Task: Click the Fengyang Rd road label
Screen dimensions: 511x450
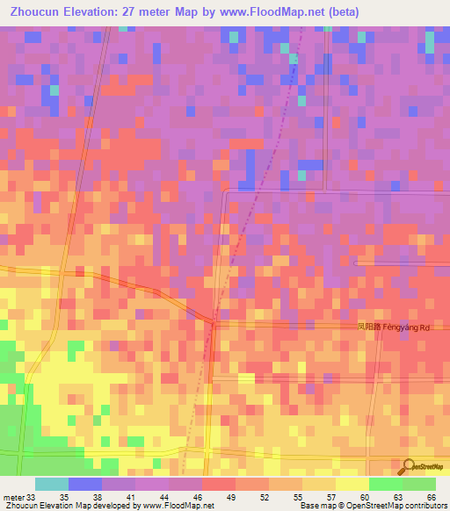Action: point(394,327)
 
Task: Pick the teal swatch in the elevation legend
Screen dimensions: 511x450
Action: point(52,484)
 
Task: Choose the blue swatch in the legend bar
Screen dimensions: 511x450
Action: point(85,484)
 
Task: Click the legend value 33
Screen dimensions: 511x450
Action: point(31,496)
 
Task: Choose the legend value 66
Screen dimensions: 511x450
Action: point(430,496)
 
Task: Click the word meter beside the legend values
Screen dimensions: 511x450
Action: point(12,496)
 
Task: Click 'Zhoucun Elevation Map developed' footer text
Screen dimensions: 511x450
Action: point(62,506)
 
